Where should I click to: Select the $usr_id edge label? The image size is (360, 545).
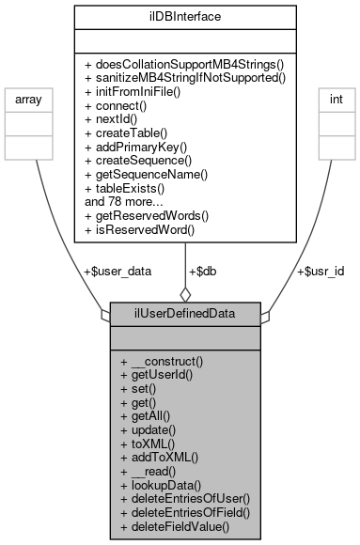320,271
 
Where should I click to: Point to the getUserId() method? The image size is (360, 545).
158,376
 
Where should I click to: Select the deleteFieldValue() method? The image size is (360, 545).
175,529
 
